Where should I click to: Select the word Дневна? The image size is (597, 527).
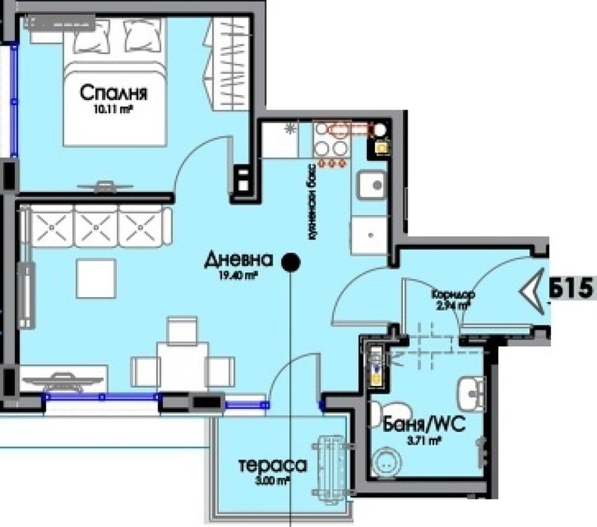click(238, 261)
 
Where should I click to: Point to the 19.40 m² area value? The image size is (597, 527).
click(238, 277)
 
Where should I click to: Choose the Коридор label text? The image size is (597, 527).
click(452, 294)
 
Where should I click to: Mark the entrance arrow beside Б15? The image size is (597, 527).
click(537, 290)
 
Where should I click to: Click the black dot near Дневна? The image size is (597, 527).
click(291, 262)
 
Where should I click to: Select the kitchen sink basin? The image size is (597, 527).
click(371, 184)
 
